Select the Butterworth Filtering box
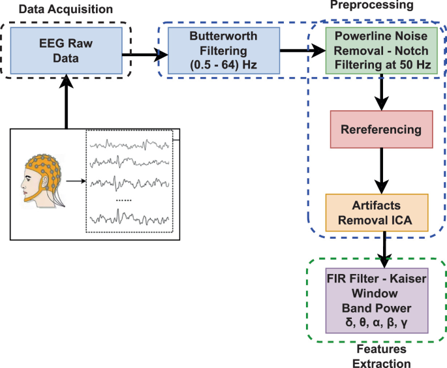coord(206,50)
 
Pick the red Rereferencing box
coord(382,129)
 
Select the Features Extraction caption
coord(377,356)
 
